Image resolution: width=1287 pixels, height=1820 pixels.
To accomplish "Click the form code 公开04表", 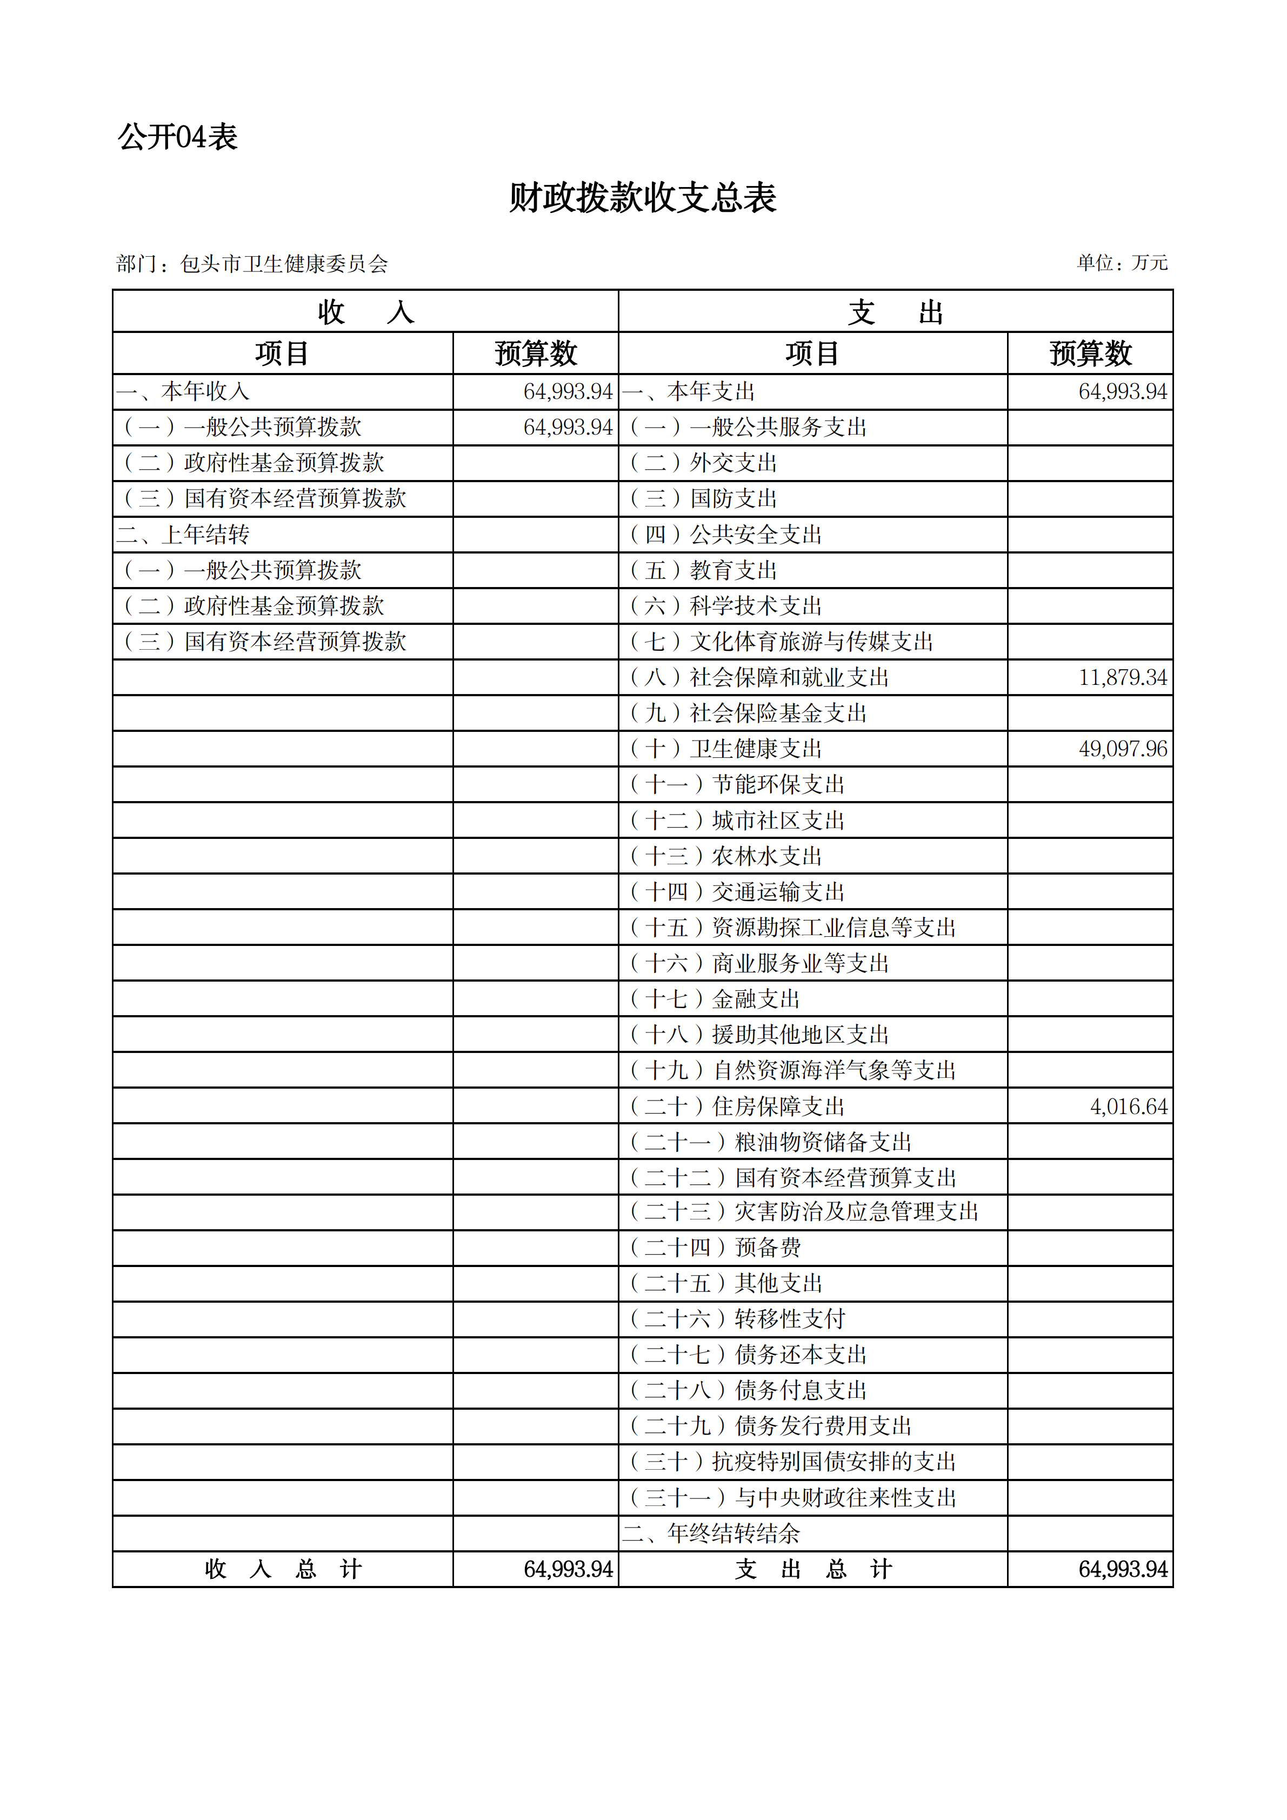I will point(177,137).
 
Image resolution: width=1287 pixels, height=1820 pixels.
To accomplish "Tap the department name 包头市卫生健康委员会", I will point(284,264).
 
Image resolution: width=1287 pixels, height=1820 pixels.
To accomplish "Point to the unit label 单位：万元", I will point(1122,262).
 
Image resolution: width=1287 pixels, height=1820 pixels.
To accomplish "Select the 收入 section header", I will point(365,311).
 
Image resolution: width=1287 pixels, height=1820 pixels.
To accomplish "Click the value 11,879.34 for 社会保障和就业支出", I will point(1122,678).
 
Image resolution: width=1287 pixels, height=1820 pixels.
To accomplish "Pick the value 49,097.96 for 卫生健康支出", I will point(1122,749).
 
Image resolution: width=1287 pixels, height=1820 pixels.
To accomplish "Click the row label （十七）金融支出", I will point(715,999).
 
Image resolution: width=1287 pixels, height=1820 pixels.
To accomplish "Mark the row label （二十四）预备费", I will point(715,1248).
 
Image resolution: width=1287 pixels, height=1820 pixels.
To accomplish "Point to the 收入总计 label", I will point(283,1570).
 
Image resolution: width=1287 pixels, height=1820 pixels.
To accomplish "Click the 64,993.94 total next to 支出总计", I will point(1122,1570).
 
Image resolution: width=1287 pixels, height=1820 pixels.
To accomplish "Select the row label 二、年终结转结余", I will point(711,1534).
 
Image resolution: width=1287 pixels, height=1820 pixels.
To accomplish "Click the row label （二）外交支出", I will point(703,463).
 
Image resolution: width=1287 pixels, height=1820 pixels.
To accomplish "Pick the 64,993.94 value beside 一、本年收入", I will point(568,391).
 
